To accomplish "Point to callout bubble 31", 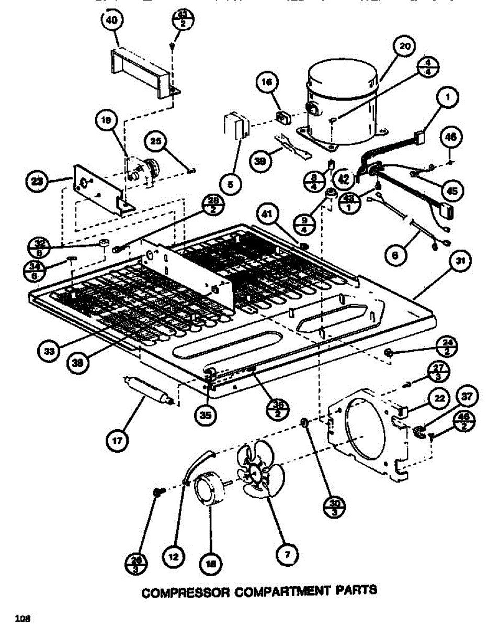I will (x=460, y=261).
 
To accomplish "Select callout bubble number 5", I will (x=231, y=184).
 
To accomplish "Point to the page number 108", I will (x=22, y=619).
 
